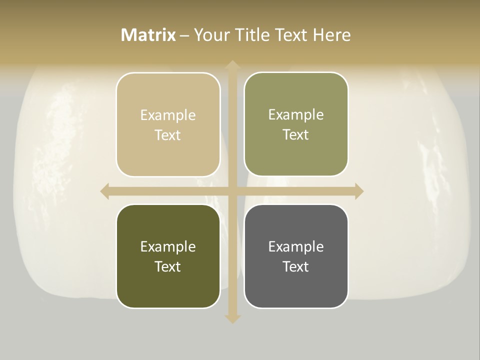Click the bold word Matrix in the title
pos(148,35)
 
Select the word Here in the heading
pos(331,35)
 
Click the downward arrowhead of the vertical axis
pos(232,318)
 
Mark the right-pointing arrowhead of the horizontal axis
pos(358,191)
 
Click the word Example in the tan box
pos(168,115)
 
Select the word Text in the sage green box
pos(296,135)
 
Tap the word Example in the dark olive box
pos(168,247)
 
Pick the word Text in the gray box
pos(296,266)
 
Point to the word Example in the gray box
pos(296,247)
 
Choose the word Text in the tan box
pos(168,135)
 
